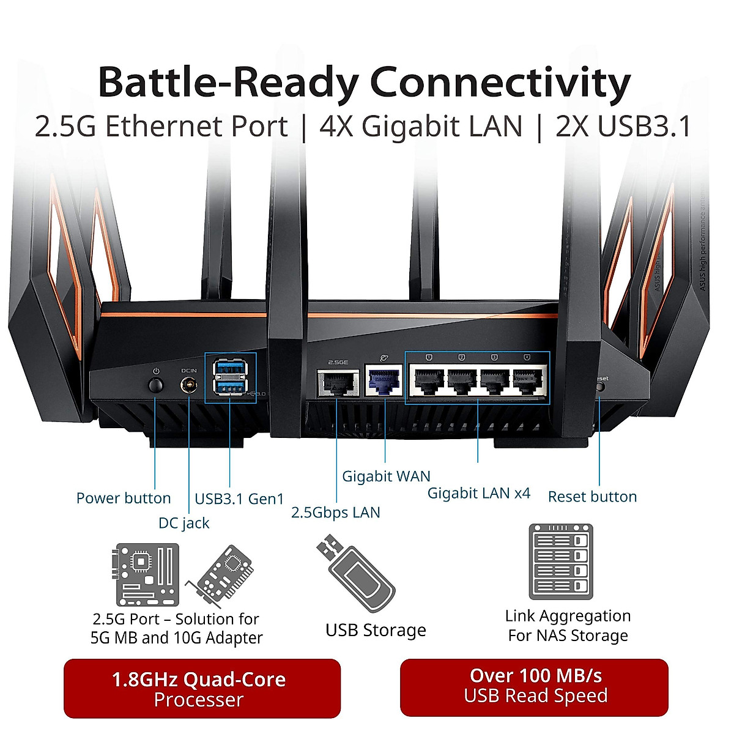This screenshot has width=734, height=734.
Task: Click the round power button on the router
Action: [x=156, y=385]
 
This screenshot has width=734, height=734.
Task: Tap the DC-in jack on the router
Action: [x=189, y=386]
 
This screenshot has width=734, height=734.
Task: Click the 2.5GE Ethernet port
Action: [x=337, y=383]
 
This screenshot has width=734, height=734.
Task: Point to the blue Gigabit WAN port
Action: [x=384, y=380]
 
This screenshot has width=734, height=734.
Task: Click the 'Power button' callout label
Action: [x=124, y=498]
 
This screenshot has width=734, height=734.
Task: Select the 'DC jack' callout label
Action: [x=183, y=523]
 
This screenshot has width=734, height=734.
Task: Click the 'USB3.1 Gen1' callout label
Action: [x=239, y=499]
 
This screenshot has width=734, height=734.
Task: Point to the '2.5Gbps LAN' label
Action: [x=335, y=513]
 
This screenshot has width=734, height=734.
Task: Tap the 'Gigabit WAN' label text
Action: [x=386, y=476]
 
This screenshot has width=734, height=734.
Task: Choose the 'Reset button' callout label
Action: [x=592, y=496]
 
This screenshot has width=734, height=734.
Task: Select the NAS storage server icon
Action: [x=561, y=562]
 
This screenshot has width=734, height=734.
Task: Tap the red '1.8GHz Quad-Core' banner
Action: [x=202, y=689]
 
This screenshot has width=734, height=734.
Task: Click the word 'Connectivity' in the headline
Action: [x=500, y=83]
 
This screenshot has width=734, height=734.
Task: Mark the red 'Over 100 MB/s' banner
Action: [x=535, y=686]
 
